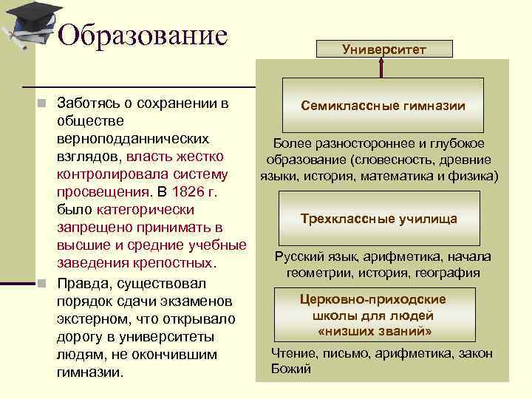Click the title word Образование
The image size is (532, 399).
(142, 35)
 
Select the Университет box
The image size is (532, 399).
(383, 50)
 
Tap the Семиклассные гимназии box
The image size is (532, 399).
(383, 106)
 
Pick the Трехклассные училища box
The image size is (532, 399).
(379, 219)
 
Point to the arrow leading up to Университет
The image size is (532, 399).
(382, 67)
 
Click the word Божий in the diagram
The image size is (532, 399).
(291, 369)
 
